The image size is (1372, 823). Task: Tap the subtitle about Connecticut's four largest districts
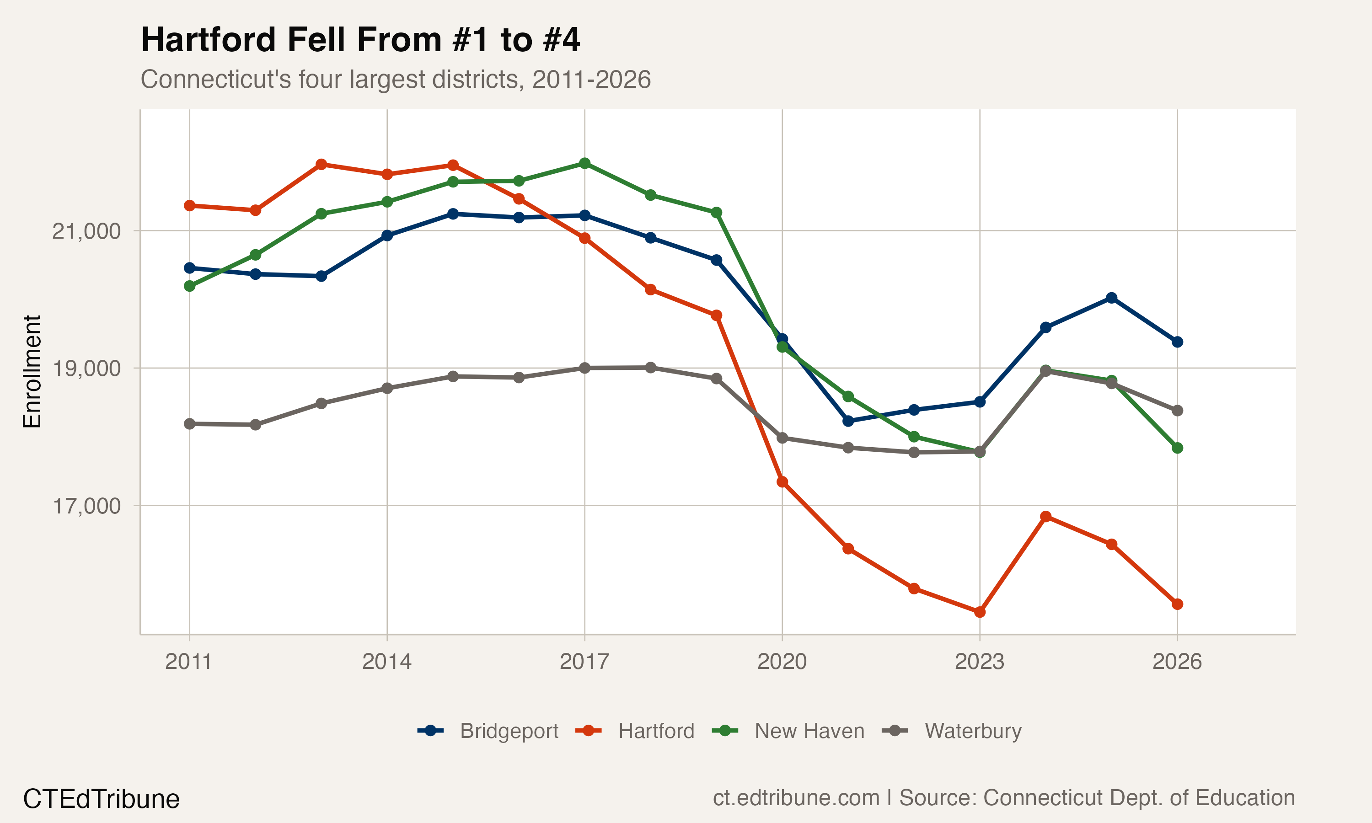point(396,79)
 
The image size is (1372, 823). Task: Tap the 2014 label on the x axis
point(386,662)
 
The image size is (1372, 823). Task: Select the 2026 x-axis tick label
point(1177,662)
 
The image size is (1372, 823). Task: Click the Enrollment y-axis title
point(32,372)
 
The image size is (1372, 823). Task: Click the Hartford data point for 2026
point(1177,604)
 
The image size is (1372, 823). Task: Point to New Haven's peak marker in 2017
point(584,163)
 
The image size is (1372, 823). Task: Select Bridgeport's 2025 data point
point(1111,298)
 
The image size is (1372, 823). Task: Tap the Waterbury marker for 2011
point(190,424)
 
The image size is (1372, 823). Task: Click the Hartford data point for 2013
point(321,164)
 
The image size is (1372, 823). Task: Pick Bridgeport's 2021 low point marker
point(848,421)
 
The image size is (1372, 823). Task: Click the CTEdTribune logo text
point(101,799)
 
